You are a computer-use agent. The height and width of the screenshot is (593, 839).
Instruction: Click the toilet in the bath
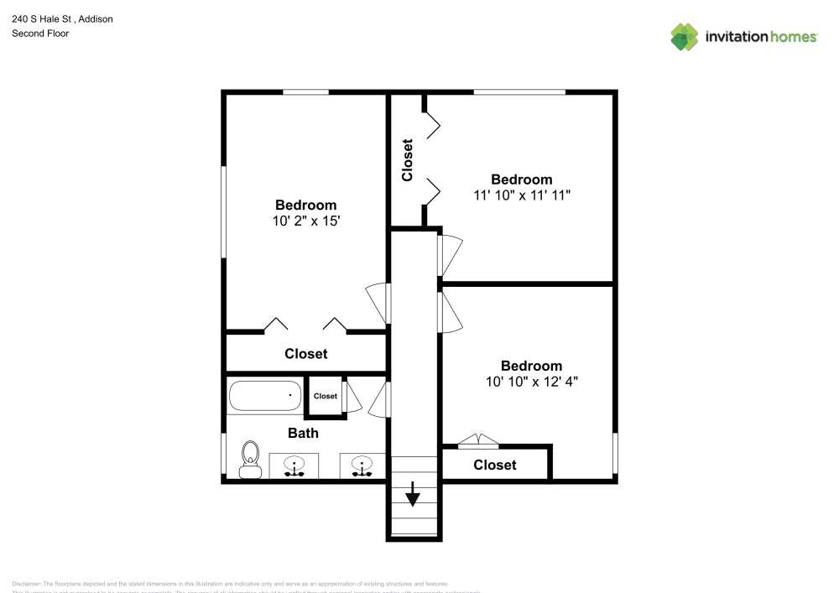click(x=249, y=458)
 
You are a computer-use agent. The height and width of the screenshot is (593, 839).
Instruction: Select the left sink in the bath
click(x=294, y=466)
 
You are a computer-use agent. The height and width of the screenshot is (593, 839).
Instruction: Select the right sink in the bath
click(x=362, y=466)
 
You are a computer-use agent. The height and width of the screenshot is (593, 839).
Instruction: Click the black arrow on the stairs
click(x=413, y=495)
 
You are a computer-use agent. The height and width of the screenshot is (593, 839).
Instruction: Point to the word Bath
click(x=303, y=434)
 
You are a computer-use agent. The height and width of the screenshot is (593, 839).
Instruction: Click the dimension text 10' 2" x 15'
click(x=306, y=221)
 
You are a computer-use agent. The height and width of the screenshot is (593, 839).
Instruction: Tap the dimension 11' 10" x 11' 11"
click(x=522, y=195)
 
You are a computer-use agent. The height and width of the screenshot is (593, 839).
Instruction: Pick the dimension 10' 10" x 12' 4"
click(x=532, y=382)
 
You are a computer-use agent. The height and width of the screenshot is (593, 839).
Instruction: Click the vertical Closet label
click(x=408, y=160)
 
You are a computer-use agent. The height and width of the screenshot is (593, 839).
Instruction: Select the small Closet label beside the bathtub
click(x=326, y=396)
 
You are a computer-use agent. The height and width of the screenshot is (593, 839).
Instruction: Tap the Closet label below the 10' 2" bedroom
click(x=306, y=354)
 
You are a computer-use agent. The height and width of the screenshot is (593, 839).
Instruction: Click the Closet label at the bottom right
click(x=495, y=465)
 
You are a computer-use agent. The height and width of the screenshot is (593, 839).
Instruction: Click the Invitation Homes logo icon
click(x=684, y=36)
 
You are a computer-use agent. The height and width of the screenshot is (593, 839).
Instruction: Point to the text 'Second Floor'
click(x=40, y=34)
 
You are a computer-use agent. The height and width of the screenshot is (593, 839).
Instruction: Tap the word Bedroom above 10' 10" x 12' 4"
click(x=532, y=366)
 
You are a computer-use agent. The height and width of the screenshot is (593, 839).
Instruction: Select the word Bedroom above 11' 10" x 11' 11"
click(x=522, y=179)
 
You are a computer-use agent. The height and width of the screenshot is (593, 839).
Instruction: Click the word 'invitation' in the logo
click(x=735, y=36)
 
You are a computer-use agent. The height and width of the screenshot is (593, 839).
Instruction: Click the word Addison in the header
click(x=95, y=18)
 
